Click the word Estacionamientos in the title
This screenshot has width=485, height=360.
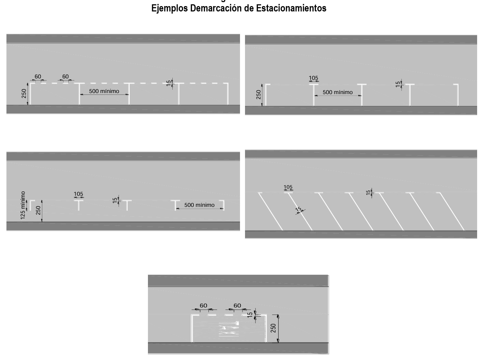[291, 8]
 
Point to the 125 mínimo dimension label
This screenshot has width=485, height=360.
[23, 205]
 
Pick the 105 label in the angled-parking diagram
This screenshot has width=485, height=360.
[288, 187]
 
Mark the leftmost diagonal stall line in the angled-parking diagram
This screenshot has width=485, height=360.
[271, 211]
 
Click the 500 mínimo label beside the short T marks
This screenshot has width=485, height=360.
[199, 205]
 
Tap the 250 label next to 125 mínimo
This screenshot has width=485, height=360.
[38, 210]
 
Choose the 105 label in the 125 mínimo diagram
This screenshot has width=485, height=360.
[78, 194]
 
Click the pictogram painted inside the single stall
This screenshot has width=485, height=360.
[229, 329]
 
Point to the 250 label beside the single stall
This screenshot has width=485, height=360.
[274, 328]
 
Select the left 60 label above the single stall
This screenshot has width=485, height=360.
[203, 306]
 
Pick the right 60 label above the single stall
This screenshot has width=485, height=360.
[237, 306]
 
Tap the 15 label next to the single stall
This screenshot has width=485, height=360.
[250, 315]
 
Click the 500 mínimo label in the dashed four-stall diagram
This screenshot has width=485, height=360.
[104, 91]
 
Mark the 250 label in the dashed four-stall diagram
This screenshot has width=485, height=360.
[24, 94]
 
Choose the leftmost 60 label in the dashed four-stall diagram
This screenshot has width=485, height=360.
[38, 77]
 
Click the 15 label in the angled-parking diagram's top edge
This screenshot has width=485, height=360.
[369, 193]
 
